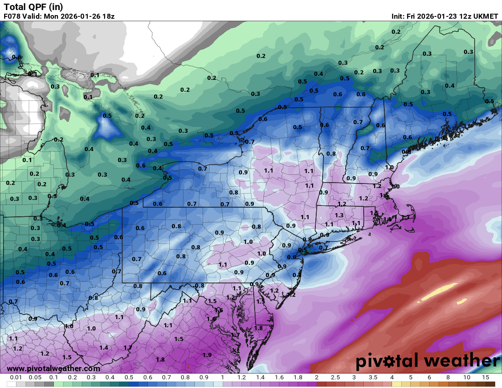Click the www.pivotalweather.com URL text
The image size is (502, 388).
53,368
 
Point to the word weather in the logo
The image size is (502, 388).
462,361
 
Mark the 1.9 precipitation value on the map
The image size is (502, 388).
207,355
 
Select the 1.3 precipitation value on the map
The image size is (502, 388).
339,215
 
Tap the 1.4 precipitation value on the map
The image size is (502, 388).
104,347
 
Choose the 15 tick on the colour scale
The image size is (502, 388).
486,378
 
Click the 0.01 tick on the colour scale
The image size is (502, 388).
16,378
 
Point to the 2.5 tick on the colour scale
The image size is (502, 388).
335,378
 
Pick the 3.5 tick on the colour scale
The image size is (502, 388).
373,378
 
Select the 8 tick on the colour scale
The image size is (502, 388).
448,378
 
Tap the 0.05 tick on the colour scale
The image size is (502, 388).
35,378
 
